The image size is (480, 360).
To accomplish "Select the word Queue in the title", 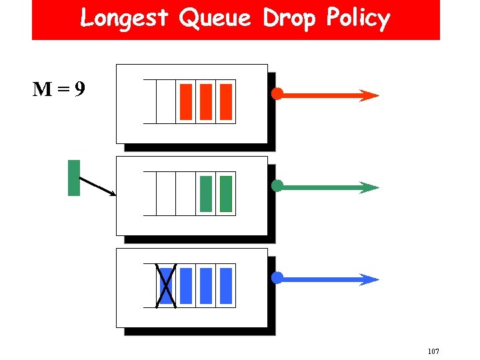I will (x=215, y=18).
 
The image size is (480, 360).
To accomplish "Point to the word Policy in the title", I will (x=357, y=18).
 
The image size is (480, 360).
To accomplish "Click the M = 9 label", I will (x=59, y=89).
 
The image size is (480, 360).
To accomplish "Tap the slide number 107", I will (x=433, y=351).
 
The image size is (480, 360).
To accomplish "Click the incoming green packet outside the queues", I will (x=74, y=178).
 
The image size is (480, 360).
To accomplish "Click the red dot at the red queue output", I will (x=277, y=94).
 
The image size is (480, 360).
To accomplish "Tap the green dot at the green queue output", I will (x=277, y=186).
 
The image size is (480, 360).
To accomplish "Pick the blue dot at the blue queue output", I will (x=277, y=277).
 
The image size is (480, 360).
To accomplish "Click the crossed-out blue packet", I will (x=166, y=285).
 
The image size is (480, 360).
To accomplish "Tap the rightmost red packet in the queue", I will (x=226, y=101).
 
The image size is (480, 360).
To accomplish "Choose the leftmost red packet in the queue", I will (x=186, y=101).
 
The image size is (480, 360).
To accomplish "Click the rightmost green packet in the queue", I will (x=226, y=193).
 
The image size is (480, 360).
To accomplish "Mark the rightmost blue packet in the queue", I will (x=226, y=285).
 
